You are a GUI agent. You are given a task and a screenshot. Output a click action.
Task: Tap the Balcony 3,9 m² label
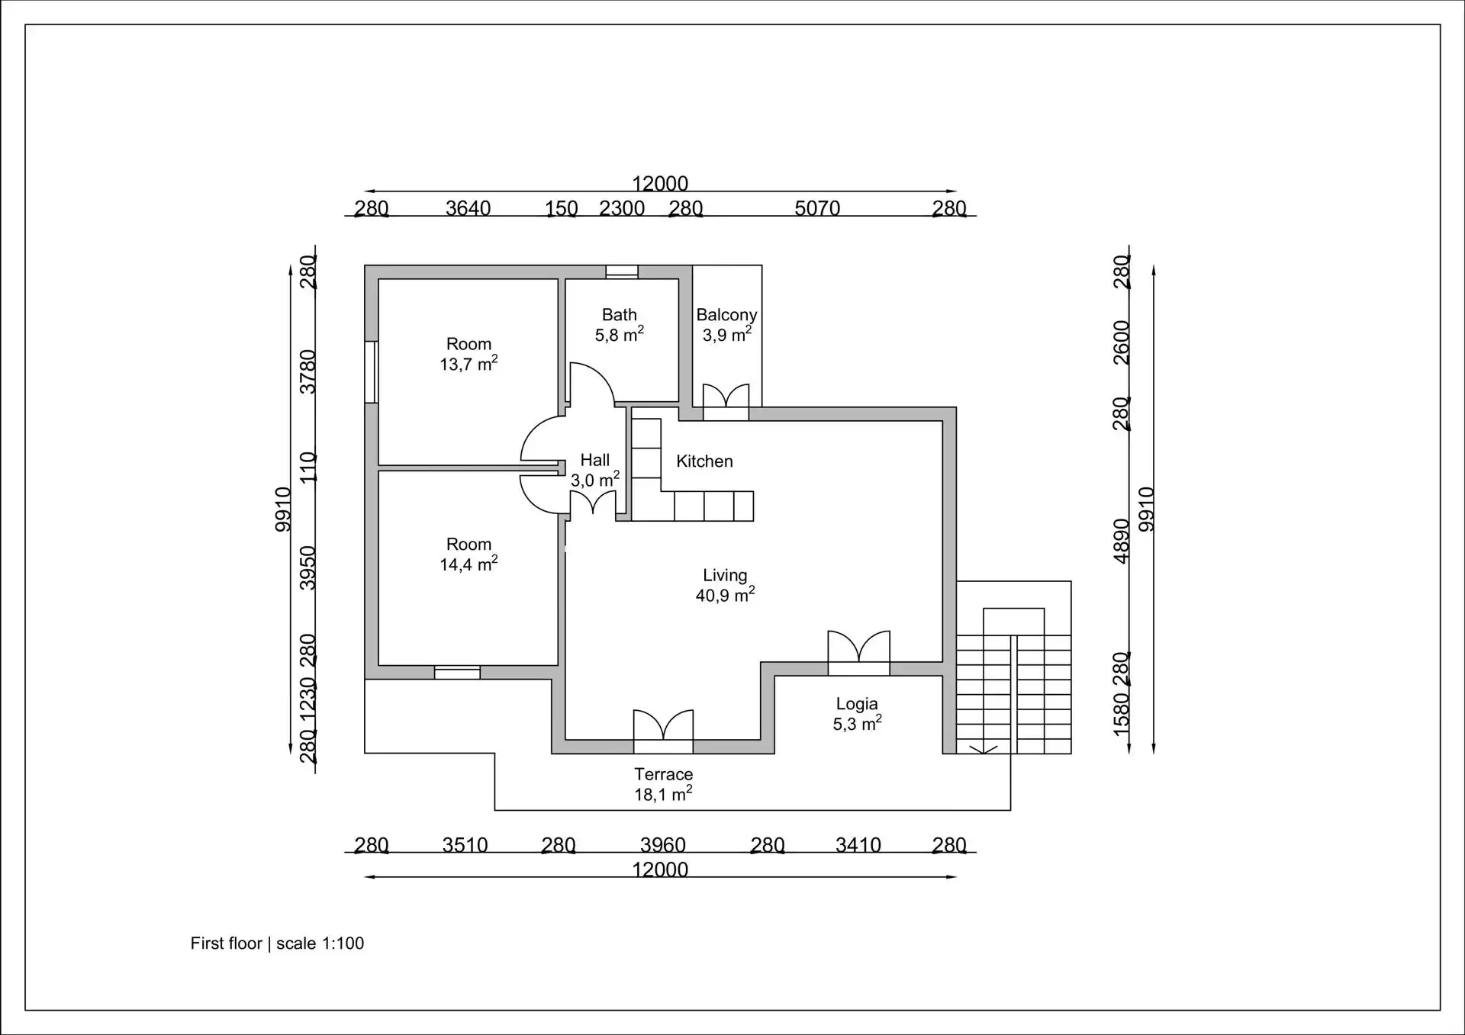click(x=726, y=325)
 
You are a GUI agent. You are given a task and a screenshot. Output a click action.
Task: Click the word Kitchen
click(x=704, y=461)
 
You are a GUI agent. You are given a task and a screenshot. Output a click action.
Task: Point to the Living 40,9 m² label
click(x=725, y=585)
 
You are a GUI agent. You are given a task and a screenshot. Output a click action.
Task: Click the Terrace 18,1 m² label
click(x=663, y=784)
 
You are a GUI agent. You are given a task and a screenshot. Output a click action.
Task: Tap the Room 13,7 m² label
click(x=468, y=354)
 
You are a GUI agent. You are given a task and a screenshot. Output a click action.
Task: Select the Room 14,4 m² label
click(x=468, y=554)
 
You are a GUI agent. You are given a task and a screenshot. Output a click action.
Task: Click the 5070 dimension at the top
click(x=817, y=208)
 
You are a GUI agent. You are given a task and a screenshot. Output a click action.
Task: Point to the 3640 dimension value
click(x=468, y=208)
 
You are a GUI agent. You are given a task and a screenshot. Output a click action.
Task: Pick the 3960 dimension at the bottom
click(x=663, y=845)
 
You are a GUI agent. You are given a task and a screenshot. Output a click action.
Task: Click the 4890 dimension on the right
click(x=1121, y=542)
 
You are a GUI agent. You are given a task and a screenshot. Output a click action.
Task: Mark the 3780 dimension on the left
click(x=307, y=372)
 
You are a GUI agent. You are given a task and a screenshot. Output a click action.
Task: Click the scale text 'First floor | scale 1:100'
click(x=277, y=943)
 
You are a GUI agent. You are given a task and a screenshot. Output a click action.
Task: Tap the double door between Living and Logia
click(x=858, y=653)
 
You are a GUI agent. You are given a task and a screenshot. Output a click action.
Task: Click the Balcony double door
click(x=726, y=402)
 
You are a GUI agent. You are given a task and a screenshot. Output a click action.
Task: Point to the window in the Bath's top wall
click(x=622, y=272)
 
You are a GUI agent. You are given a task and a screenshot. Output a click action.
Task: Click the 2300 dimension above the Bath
click(x=622, y=208)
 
